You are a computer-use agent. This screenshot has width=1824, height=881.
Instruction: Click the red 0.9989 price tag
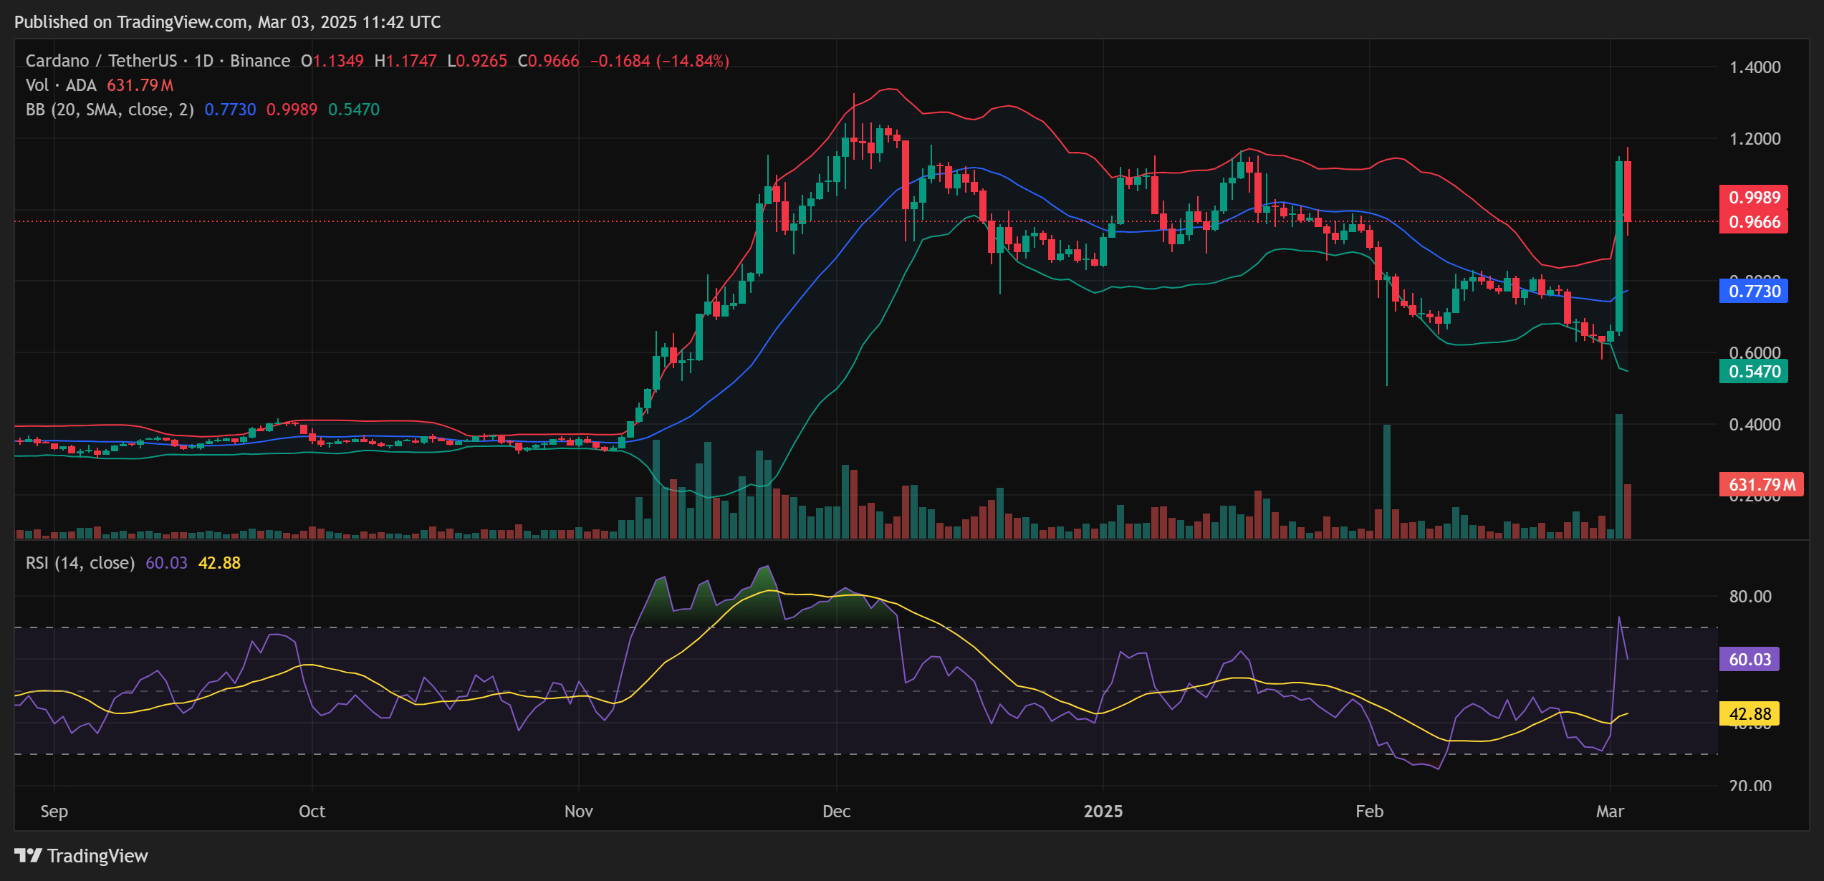pos(1753,197)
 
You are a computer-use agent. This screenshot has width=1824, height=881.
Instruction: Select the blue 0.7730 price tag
pos(1753,291)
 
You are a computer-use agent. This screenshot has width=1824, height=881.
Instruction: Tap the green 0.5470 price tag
pos(1753,371)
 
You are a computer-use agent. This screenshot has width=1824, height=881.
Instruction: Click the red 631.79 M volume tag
pos(1761,485)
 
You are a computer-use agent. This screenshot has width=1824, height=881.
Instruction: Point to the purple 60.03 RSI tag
pos(1749,659)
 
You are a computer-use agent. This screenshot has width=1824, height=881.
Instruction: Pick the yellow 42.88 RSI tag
pos(1749,713)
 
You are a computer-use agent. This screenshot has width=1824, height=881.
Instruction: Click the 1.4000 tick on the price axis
pos(1755,67)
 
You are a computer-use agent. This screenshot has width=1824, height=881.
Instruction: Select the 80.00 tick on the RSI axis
pos(1749,596)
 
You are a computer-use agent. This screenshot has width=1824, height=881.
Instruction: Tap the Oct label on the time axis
pos(312,811)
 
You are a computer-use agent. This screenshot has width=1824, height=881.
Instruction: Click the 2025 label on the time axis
pos(1103,811)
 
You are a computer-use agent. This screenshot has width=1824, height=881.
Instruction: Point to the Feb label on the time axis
pos(1369,811)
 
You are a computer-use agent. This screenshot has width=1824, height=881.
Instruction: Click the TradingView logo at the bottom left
pos(81,855)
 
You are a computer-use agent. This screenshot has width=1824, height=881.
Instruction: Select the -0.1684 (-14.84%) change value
pos(659,61)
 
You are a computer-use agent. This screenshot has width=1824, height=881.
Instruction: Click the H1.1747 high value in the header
pos(405,61)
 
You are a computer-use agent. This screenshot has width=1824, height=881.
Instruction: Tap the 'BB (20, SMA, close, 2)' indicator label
pos(110,110)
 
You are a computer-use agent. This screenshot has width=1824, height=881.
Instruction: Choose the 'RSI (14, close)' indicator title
pos(80,563)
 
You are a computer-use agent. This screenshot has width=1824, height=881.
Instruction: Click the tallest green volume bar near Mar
pos(1618,476)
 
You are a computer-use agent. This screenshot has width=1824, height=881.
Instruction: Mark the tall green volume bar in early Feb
pos(1387,481)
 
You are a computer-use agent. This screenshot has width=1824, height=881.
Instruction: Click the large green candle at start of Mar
pos(1618,247)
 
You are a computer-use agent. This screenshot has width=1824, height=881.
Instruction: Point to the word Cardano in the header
pos(57,61)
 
